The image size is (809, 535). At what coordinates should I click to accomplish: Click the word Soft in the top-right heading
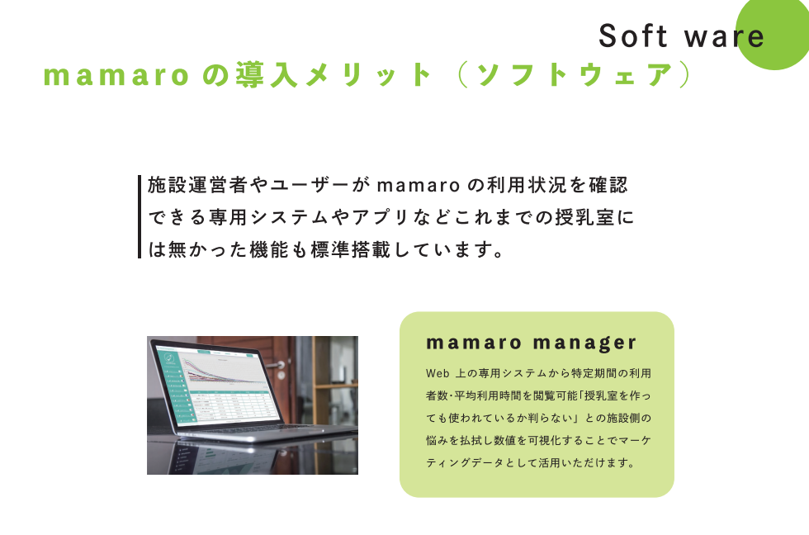633,36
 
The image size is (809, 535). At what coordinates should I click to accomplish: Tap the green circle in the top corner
774,33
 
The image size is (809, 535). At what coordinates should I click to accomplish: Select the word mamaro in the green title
116,75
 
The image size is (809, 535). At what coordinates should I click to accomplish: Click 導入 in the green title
267,75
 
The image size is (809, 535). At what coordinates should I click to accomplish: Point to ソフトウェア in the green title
575,75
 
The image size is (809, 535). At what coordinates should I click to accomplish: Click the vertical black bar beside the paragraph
140,216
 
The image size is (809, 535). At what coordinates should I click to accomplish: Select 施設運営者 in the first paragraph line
197,185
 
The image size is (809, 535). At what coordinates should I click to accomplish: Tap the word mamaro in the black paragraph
419,186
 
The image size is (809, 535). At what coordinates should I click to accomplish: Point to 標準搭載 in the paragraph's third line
351,249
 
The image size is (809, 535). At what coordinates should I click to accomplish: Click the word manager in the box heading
584,343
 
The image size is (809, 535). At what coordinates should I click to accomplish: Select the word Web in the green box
438,373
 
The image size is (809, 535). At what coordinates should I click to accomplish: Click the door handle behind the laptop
277,365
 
